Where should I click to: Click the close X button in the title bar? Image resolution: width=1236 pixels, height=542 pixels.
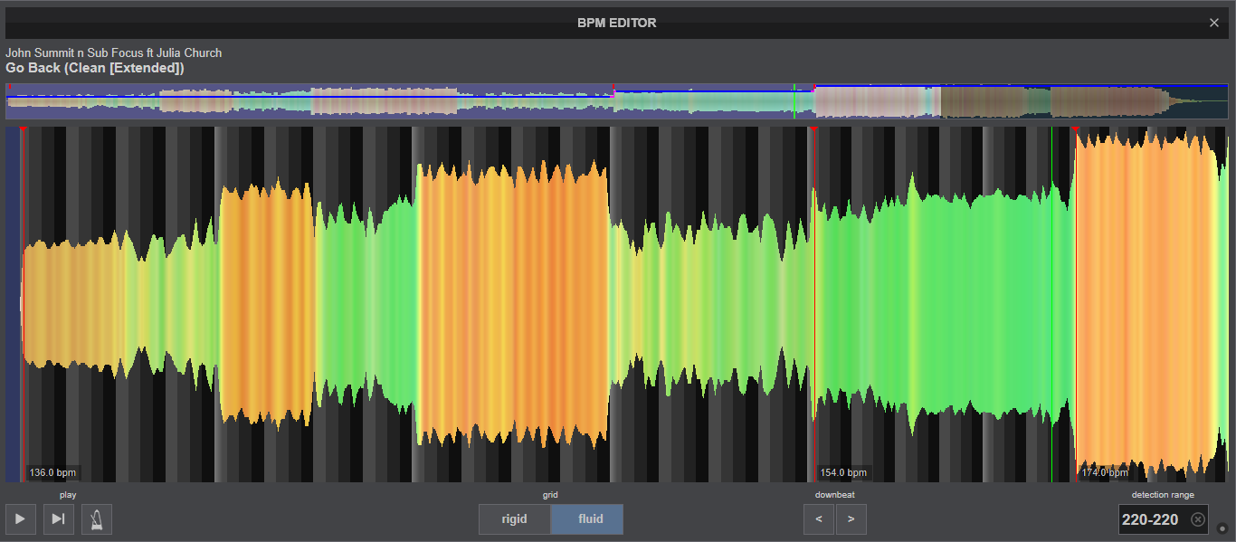pos(1214,23)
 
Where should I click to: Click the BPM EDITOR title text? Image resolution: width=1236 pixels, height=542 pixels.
pos(617,24)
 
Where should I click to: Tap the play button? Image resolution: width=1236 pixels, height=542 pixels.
pos(21,518)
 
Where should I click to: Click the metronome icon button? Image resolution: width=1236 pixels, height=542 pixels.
pos(97,518)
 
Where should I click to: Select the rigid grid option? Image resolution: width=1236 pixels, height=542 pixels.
pos(514,518)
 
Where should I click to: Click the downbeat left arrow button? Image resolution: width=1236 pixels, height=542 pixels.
pos(819,518)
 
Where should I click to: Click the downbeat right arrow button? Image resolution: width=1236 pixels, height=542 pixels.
pos(851,518)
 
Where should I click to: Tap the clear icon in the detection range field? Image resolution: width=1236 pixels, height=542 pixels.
pos(1197,519)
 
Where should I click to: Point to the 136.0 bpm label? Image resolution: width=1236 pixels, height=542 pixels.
pos(52,472)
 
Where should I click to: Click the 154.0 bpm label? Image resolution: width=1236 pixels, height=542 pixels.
pos(843,472)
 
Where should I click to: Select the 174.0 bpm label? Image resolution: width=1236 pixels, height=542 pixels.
pos(1105,472)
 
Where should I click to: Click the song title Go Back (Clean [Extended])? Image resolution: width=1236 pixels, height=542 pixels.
pos(95,68)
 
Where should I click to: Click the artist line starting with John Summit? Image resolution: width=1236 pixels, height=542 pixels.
pos(114,53)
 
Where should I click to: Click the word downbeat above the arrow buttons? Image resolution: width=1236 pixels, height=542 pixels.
pos(835,495)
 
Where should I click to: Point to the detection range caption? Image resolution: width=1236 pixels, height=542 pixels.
pos(1163,495)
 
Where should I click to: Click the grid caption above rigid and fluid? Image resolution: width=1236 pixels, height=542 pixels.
pos(550,495)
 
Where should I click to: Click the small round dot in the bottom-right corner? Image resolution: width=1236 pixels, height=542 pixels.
pos(1222,528)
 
